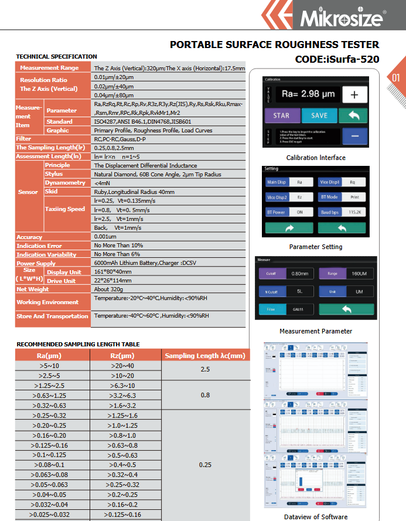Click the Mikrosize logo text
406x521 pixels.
(342, 18)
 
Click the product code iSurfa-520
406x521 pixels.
(337, 59)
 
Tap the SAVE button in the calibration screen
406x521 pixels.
(319, 115)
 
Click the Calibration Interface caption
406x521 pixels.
(316, 158)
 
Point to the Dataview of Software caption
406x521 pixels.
(316, 516)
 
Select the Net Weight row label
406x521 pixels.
(33, 289)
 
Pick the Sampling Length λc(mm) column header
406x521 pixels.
(204, 355)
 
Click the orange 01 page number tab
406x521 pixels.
(396, 77)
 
